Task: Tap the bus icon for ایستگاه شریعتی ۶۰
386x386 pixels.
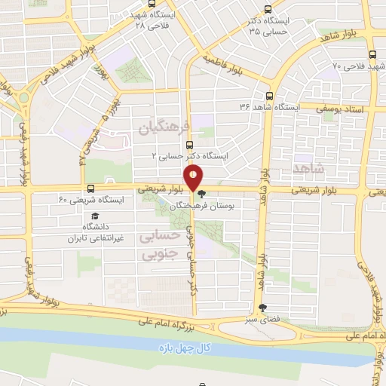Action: (x=90, y=188)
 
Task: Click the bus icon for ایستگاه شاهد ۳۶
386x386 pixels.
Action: (x=270, y=96)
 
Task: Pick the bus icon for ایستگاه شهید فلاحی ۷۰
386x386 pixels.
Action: (x=372, y=54)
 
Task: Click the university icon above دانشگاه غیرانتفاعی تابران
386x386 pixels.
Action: (x=95, y=216)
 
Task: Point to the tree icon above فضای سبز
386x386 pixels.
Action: (x=262, y=308)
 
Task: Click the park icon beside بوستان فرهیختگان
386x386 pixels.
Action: (x=201, y=194)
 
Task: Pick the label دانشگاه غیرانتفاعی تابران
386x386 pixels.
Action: (x=96, y=231)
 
